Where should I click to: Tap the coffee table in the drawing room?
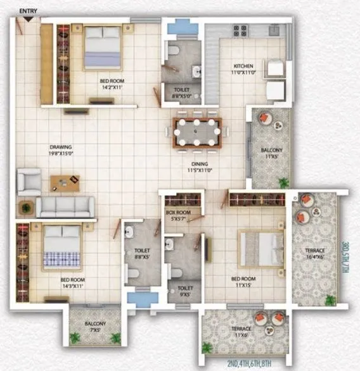pyautogui.click(x=65, y=182)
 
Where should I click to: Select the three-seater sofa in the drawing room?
pyautogui.click(x=65, y=206)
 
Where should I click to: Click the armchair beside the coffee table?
pyautogui.click(x=29, y=181)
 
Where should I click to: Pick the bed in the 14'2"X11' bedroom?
pyautogui.click(x=102, y=48)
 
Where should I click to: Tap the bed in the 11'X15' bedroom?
pyautogui.click(x=260, y=248)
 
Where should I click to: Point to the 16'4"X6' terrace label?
pyautogui.click(x=314, y=253)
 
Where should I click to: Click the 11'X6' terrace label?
pyautogui.click(x=241, y=332)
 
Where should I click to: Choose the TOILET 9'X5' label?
pyautogui.click(x=185, y=291)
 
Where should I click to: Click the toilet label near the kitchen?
pyautogui.click(x=181, y=93)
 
